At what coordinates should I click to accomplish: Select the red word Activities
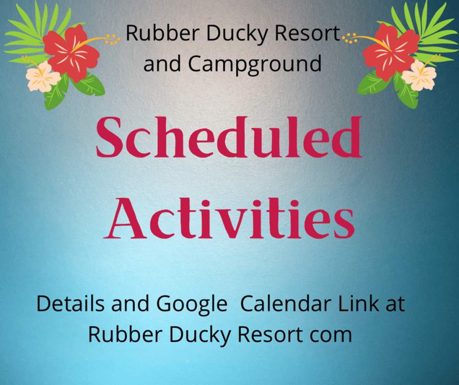click(229, 219)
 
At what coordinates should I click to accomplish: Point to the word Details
click(70, 303)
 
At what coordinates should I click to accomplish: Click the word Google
click(192, 305)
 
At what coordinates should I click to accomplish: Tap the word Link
click(358, 303)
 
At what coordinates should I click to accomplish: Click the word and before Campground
click(162, 63)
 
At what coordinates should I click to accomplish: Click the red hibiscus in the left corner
click(71, 52)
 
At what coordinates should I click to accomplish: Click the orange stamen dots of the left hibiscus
click(113, 39)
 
